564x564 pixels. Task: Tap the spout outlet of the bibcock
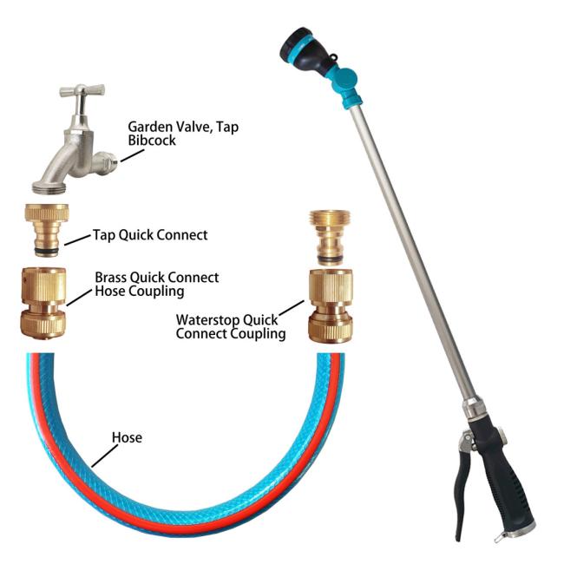tap(108, 161)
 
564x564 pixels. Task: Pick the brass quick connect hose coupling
tap(43, 303)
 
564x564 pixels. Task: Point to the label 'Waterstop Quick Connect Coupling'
tap(231, 326)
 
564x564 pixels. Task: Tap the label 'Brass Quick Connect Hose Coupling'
tap(156, 285)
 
